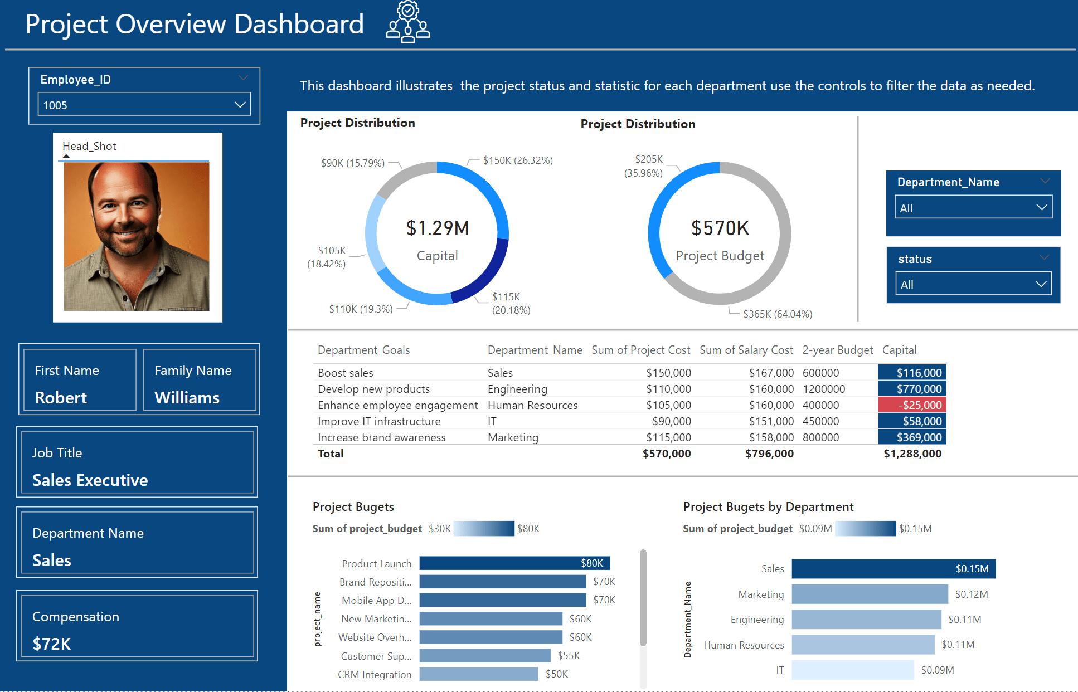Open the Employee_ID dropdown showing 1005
pos(144,105)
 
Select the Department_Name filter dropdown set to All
pos(973,208)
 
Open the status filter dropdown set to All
pos(973,284)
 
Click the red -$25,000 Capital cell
pos(912,405)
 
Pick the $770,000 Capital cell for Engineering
pos(912,389)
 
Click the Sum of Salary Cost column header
pos(746,350)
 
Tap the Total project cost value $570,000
pos(667,454)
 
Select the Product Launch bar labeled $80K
pos(514,563)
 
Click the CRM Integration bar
pos(478,674)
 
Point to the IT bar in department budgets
pos(852,670)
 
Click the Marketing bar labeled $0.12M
pos(869,594)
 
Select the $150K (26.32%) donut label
pos(517,160)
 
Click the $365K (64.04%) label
pos(777,314)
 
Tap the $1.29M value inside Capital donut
pos(437,228)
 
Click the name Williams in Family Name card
pos(187,398)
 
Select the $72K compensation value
pos(52,644)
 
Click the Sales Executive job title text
pos(90,480)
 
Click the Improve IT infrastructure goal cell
pos(379,421)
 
